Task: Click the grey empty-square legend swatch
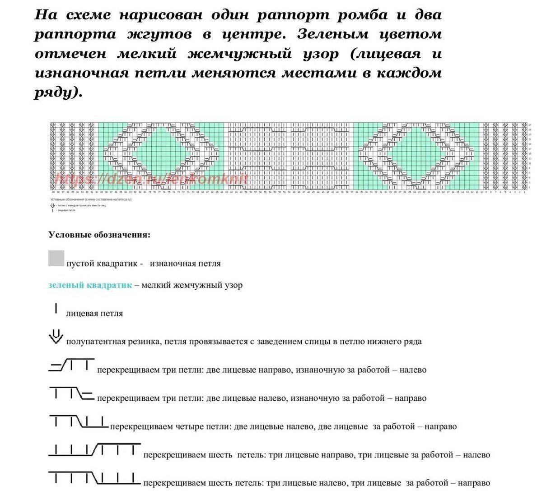[56, 258]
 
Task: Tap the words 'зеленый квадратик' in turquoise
[90, 285]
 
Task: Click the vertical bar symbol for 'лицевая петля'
[56, 309]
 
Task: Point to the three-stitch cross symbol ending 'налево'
[71, 365]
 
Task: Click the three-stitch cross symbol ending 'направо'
[71, 394]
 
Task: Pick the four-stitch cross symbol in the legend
[78, 422]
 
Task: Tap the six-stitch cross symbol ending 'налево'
[94, 450]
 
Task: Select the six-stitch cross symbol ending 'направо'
[94, 478]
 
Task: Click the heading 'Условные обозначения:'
[99, 235]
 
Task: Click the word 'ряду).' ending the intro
[59, 93]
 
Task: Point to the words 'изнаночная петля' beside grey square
[185, 264]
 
